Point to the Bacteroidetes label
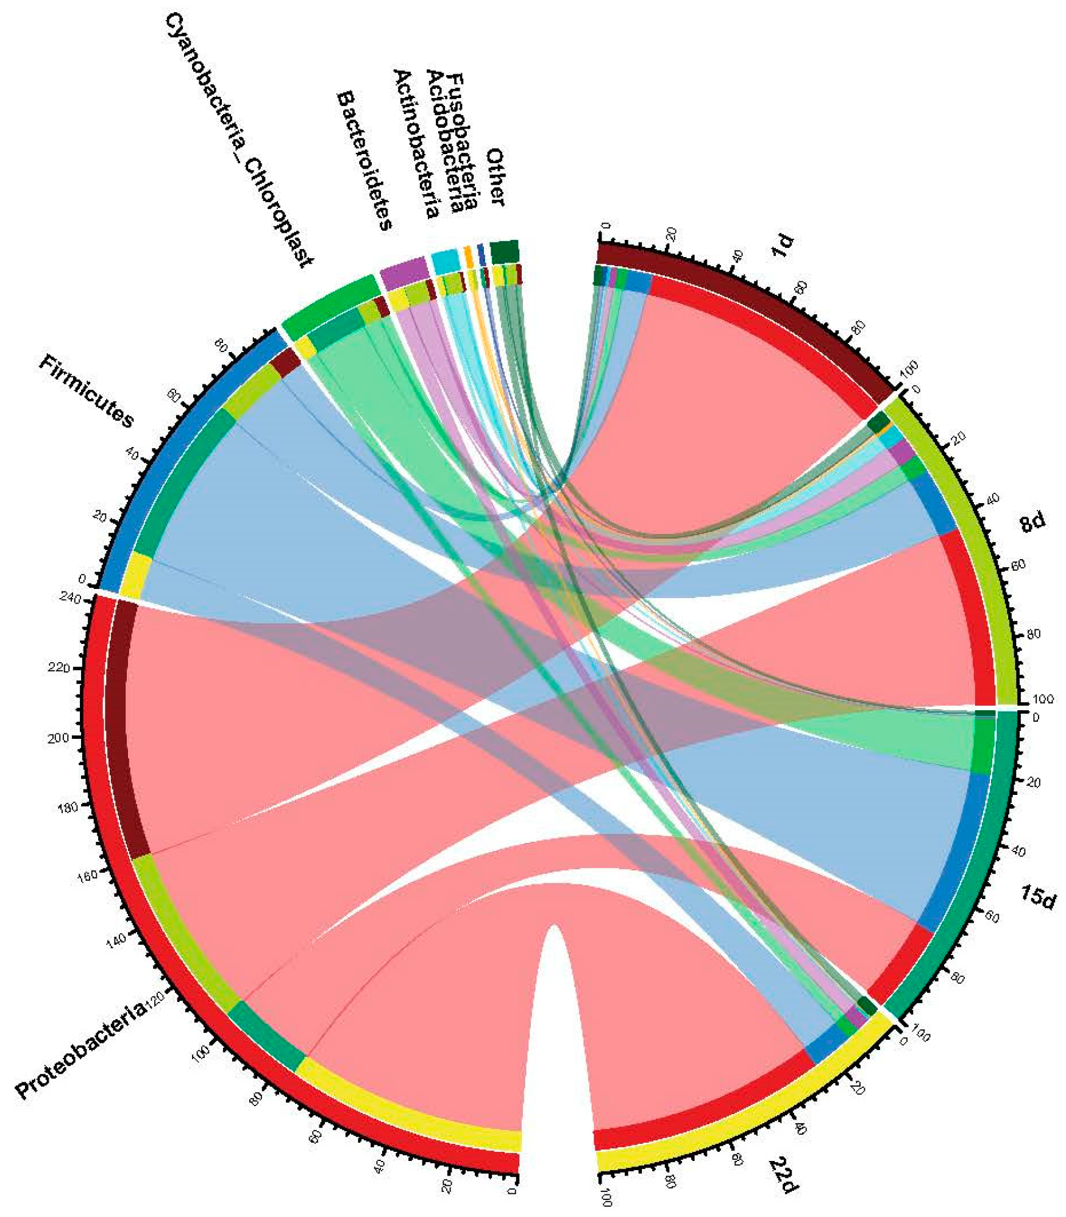(364, 161)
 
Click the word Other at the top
(495, 177)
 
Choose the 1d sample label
(783, 245)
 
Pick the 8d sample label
(1031, 522)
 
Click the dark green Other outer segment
(504, 252)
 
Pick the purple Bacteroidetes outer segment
(404, 272)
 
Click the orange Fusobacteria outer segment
(468, 256)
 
